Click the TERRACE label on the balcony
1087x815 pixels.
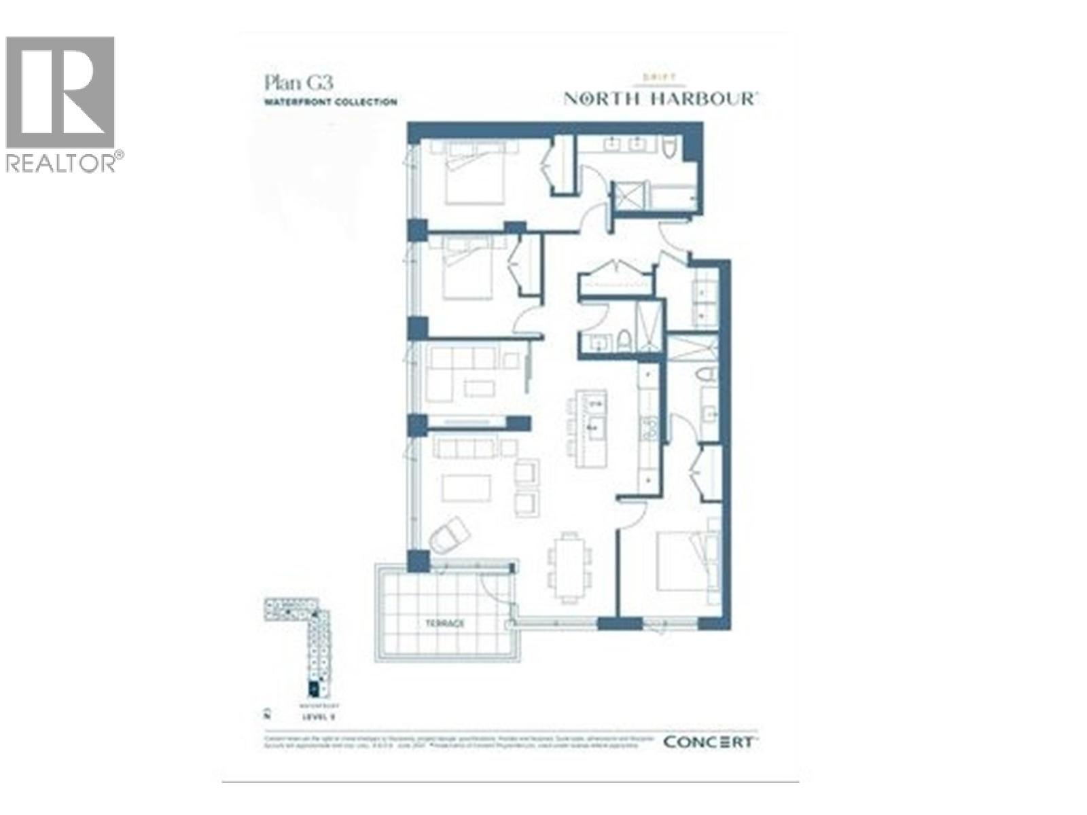(445, 623)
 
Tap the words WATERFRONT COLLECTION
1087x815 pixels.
(330, 102)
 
